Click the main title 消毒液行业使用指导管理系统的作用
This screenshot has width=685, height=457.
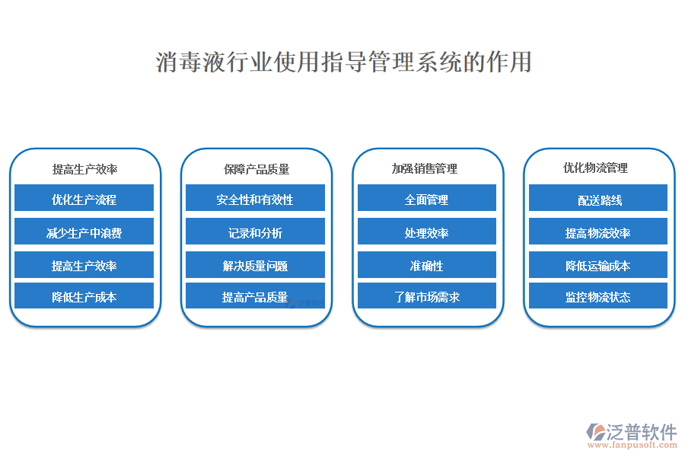(343, 62)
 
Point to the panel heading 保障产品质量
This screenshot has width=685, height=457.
(256, 169)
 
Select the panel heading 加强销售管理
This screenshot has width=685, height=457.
(424, 169)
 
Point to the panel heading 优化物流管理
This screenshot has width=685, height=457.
(595, 168)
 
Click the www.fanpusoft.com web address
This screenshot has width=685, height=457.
(632, 445)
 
